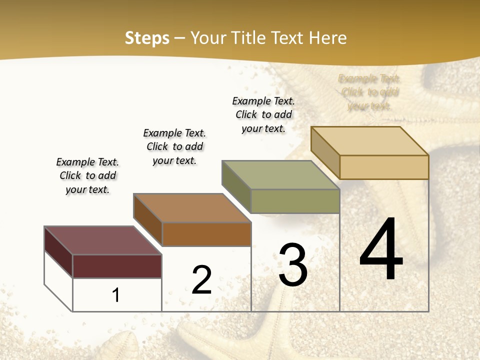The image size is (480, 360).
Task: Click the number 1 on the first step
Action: pos(116,295)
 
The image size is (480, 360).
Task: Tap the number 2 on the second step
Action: pos(201,280)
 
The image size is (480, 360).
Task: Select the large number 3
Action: pos(293,265)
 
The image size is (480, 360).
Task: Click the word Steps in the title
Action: pos(147,38)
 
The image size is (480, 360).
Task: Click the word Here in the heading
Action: pos(327,38)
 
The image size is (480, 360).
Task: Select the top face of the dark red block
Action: pos(102,240)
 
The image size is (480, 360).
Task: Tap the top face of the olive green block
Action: pos(280,174)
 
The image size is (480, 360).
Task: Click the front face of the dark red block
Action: pos(117,266)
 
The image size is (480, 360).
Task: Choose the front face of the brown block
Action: pos(206,234)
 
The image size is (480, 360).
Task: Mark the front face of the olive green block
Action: pos(295,201)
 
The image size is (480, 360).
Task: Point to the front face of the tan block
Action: pos(384,167)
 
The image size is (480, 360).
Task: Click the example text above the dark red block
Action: pos(87,175)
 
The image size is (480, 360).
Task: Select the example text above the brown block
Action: pos(174,146)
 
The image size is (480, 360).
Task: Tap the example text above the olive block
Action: pos(263,114)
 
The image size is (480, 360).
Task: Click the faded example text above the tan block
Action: pos(369,92)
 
